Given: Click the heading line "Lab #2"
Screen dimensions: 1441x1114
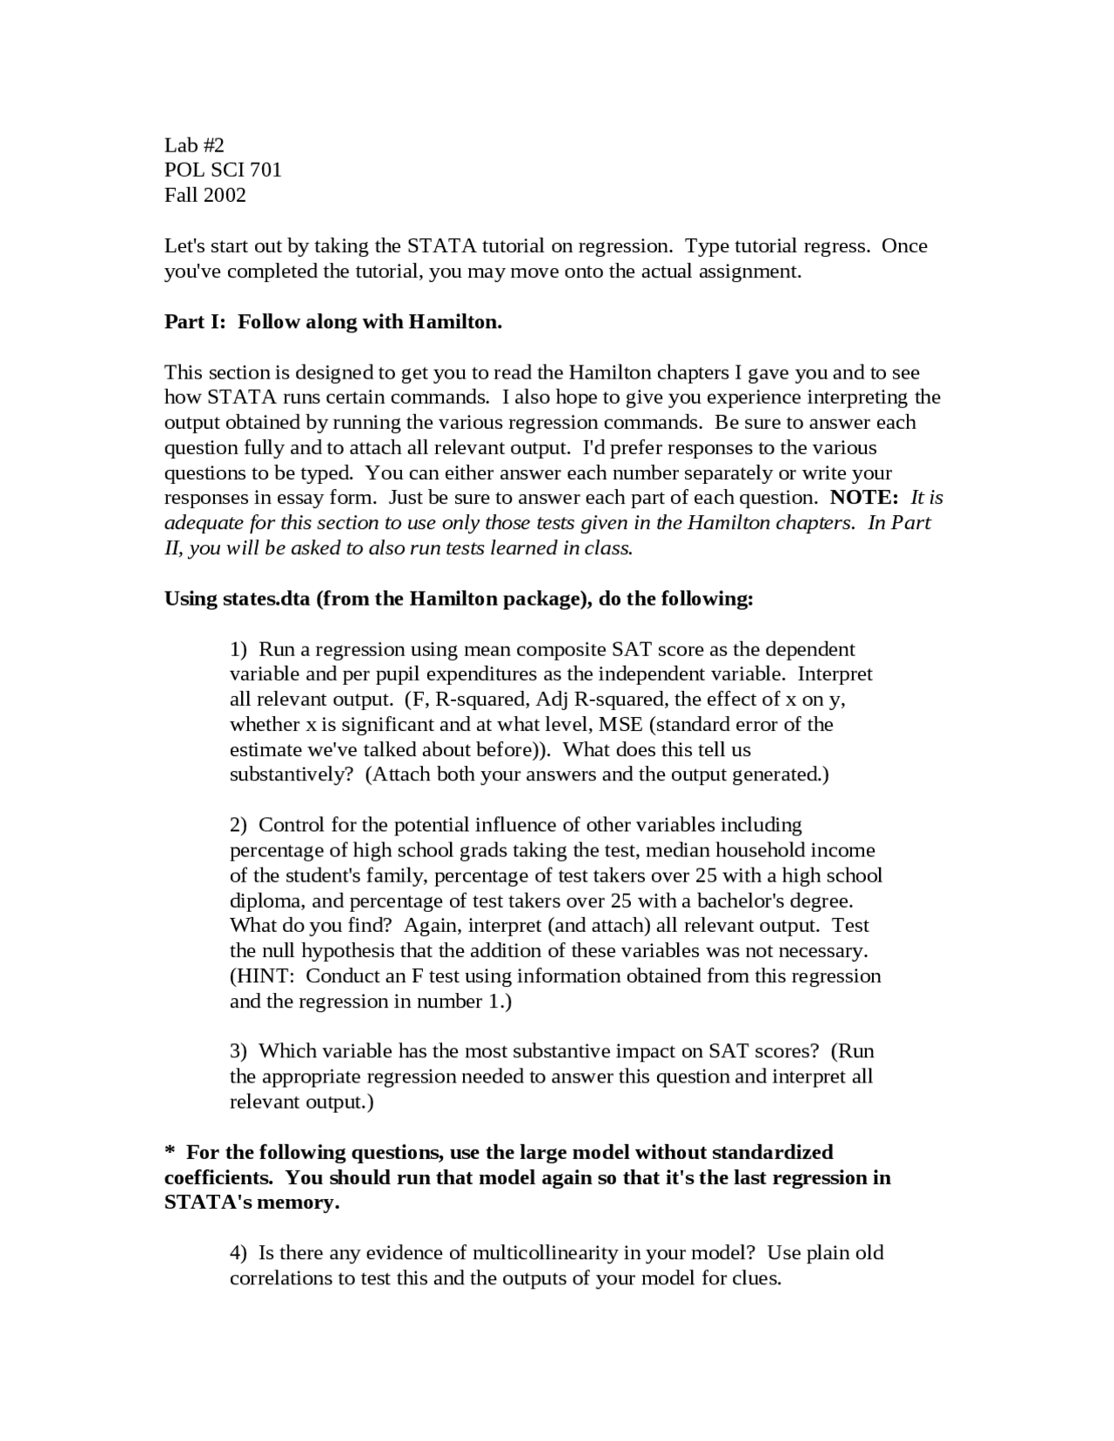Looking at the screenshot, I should point(194,144).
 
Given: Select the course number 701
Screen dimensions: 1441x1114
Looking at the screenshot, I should point(265,170).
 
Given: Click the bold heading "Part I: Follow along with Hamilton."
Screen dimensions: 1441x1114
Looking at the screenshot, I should point(333,322).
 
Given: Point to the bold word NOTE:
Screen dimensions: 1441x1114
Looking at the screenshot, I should point(863,498).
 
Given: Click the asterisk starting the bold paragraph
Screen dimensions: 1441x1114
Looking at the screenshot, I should point(170,1151).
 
